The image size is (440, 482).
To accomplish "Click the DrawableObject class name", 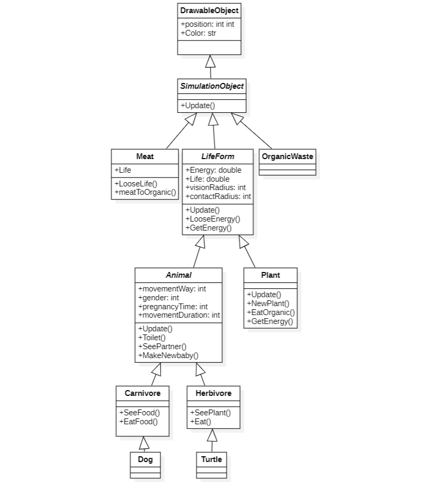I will point(209,11).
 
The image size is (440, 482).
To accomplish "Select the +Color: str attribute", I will point(198,33).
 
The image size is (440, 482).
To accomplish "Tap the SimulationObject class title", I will point(212,86).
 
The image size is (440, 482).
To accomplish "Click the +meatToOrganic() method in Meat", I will point(145,192).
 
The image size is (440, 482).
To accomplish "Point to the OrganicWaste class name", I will point(287,156).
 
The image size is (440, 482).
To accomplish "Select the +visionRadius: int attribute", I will point(215,187).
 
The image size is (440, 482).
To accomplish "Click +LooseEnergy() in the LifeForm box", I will point(213,219).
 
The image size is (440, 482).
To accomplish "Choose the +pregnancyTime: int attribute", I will point(173,307).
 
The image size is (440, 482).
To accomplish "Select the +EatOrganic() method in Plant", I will point(270,312).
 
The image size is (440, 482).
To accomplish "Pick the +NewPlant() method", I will point(268,303).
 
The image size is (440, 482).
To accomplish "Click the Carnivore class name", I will point(142,393).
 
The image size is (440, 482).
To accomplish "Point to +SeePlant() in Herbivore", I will point(210,413).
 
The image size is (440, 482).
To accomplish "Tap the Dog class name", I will point(145,459).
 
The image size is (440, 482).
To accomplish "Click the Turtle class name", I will point(212,459).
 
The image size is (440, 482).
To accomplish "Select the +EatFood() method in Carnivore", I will point(139,421).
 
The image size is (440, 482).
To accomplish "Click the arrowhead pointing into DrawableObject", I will point(211,60).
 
